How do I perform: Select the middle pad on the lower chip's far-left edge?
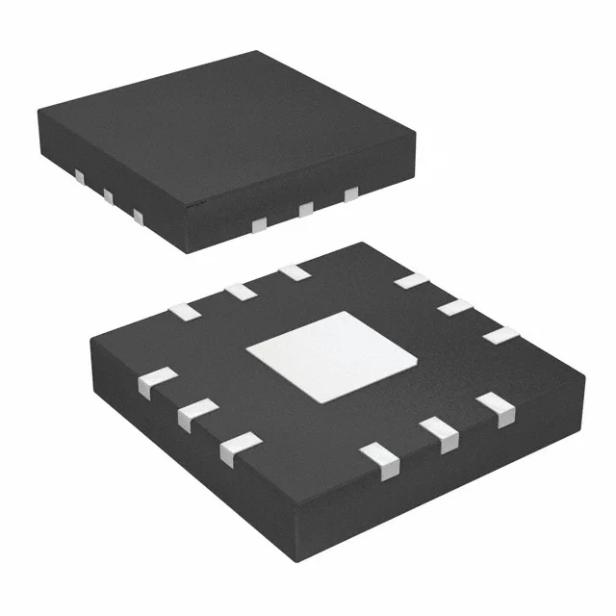(239, 291)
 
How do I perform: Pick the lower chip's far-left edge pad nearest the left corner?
(183, 310)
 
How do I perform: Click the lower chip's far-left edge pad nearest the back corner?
(294, 273)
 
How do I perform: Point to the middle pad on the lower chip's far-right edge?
(455, 307)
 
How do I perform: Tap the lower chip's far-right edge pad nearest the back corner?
(411, 280)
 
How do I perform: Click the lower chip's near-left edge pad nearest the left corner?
(157, 382)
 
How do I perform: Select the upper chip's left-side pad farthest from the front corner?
(79, 177)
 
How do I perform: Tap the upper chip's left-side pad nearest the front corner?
(139, 218)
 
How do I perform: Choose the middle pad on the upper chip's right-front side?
(307, 209)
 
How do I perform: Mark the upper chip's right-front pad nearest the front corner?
(258, 224)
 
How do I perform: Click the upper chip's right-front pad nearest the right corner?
(351, 194)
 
